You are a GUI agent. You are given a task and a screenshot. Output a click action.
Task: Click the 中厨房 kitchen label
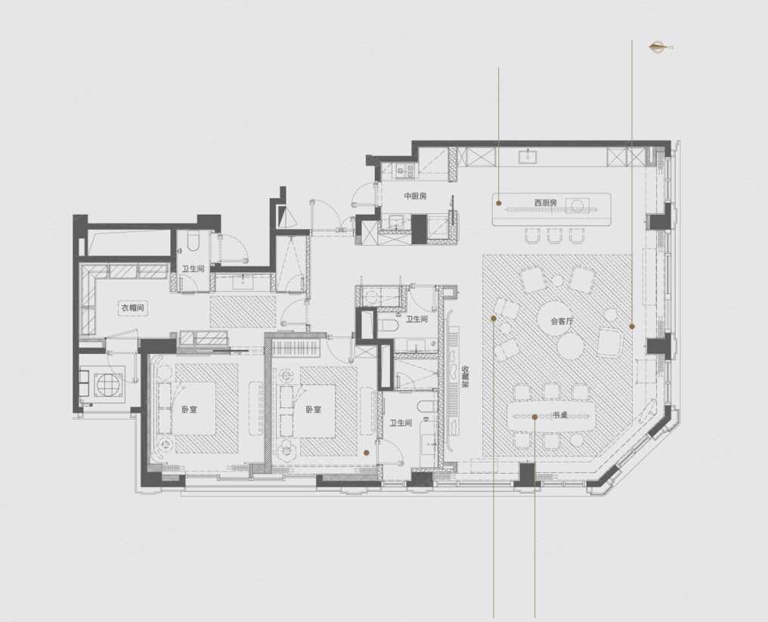click(415, 196)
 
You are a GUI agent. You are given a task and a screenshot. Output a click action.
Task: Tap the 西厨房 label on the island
click(546, 202)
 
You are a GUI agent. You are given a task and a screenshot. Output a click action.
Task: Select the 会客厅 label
click(562, 322)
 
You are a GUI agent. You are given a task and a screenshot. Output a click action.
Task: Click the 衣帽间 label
click(133, 308)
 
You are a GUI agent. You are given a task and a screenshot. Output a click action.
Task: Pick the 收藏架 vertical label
click(465, 378)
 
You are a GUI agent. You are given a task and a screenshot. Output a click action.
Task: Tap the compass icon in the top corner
click(661, 47)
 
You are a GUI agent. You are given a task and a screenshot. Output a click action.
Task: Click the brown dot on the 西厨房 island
click(499, 203)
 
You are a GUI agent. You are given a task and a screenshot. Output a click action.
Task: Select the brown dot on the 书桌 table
click(535, 416)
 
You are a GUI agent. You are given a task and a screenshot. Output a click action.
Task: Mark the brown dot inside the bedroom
click(366, 453)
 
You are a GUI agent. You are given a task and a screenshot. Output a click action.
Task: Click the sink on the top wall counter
click(528, 156)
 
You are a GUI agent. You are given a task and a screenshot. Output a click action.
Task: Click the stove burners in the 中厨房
click(406, 170)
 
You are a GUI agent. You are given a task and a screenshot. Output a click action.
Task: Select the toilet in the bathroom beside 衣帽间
click(194, 241)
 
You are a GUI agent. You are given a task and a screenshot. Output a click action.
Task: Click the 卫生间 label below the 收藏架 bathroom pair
click(401, 422)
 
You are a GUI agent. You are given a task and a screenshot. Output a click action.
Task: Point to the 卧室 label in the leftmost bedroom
click(189, 410)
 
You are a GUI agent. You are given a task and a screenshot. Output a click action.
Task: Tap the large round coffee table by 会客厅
click(556, 317)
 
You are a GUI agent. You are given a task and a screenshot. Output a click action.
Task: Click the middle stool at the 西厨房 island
click(554, 236)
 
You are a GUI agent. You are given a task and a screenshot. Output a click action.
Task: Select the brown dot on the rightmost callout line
click(632, 326)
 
